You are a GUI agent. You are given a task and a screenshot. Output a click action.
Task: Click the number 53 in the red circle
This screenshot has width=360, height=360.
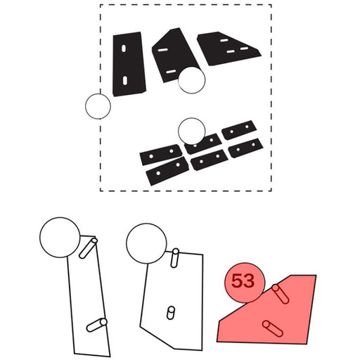(x=243, y=281)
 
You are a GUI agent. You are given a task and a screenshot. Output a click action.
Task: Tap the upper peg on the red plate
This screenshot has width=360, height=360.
(x=280, y=294)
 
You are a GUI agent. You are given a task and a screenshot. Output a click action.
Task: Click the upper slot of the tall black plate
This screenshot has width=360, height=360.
(x=124, y=49)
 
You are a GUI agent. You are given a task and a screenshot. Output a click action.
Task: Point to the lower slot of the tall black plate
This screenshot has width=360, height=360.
(x=125, y=80)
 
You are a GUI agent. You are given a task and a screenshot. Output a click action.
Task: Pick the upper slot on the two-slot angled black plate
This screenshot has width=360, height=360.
(x=162, y=50)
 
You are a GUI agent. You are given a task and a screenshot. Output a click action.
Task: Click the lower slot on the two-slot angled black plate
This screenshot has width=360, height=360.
(x=171, y=72)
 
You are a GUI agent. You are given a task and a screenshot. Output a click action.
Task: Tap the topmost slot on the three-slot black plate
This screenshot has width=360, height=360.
(x=224, y=40)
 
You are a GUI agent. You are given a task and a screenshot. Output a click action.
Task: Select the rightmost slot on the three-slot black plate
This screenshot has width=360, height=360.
(x=244, y=49)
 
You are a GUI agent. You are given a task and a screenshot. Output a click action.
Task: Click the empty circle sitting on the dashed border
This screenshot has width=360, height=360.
(x=98, y=106)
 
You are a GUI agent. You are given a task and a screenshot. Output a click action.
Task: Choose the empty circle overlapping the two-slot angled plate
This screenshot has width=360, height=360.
(x=191, y=80)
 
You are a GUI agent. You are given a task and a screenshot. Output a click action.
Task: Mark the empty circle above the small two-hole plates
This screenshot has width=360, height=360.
(x=192, y=131)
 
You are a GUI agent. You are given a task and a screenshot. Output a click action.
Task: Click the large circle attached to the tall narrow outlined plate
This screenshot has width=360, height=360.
(x=60, y=238)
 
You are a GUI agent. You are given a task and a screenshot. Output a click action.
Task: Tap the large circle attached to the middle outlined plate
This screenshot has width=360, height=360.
(x=146, y=243)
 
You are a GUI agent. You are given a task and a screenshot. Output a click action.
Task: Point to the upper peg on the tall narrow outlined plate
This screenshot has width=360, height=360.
(x=89, y=248)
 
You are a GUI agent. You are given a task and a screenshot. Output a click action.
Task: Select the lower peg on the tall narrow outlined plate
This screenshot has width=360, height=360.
(x=97, y=325)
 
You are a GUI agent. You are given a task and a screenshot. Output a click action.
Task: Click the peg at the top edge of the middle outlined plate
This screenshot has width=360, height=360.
(x=175, y=258)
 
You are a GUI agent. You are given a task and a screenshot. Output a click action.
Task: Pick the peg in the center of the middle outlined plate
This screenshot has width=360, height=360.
(x=171, y=313)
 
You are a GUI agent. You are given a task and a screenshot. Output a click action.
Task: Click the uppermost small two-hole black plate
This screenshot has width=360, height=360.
(x=239, y=130)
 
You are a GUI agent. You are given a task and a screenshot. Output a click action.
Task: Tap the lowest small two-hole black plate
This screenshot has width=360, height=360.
(x=167, y=171)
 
